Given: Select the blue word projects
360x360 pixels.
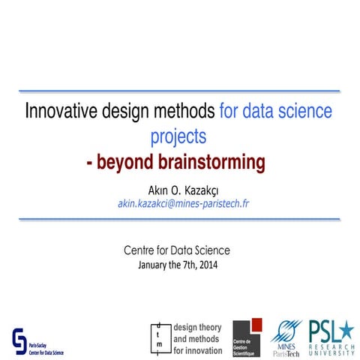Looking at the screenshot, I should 178,138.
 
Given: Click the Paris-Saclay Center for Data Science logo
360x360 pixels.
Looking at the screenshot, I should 37,341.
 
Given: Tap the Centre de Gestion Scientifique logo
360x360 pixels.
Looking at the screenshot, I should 247,337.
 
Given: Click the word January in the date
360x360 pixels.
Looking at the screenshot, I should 150,265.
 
